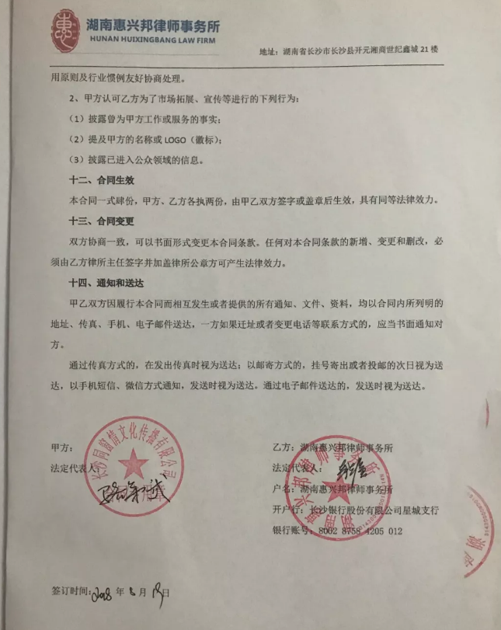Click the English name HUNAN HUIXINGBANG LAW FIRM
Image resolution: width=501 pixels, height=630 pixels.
pyautogui.click(x=152, y=37)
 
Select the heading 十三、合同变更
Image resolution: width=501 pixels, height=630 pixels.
pyautogui.click(x=102, y=221)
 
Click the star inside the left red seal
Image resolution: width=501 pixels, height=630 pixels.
pyautogui.click(x=133, y=459)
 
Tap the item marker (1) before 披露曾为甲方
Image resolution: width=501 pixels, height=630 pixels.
pyautogui.click(x=76, y=120)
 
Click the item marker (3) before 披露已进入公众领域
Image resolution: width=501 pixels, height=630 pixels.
pyautogui.click(x=76, y=160)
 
